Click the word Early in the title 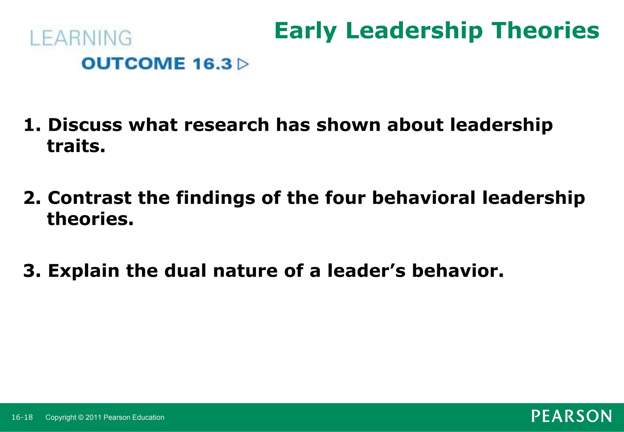(x=306, y=31)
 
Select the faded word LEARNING (x=81, y=38)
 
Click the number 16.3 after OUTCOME (x=212, y=64)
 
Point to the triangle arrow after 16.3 (x=243, y=64)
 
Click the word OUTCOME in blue (x=133, y=64)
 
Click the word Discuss (x=85, y=125)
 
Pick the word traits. (x=76, y=146)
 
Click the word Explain (x=83, y=271)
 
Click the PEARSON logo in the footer (x=571, y=416)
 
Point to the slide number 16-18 (x=22, y=417)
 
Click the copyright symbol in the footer (x=80, y=417)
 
